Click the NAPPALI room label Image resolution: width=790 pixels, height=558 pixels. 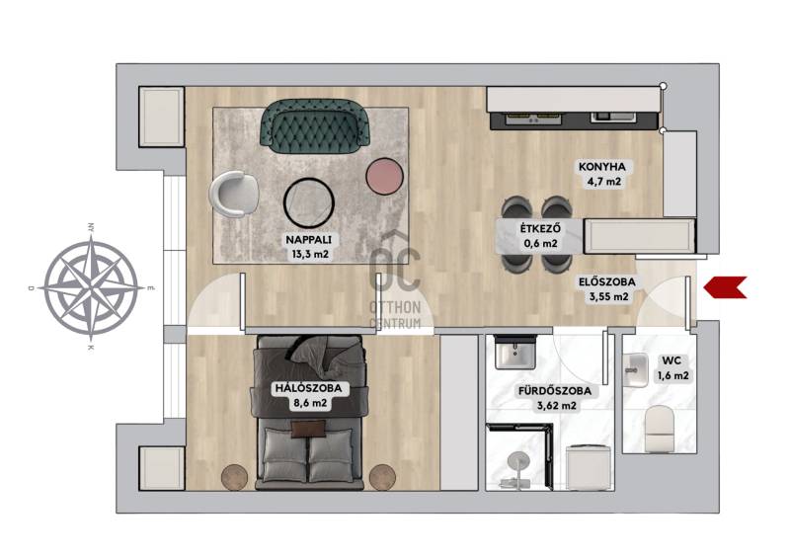click(309, 240)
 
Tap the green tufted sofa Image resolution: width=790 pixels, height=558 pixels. click(315, 126)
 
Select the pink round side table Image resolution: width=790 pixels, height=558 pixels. click(385, 176)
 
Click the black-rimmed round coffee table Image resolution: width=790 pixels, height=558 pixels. click(309, 202)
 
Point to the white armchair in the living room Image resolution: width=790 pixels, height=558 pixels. click(232, 194)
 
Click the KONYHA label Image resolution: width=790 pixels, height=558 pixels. click(602, 167)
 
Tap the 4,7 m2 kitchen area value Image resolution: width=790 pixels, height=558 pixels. click(603, 182)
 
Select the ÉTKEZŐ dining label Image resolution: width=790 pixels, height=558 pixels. click(540, 229)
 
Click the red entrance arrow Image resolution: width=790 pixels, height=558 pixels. click(725, 287)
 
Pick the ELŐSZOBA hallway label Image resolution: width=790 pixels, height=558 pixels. click(606, 282)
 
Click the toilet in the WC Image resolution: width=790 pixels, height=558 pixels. click(661, 429)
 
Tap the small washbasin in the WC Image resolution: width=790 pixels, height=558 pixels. click(635, 370)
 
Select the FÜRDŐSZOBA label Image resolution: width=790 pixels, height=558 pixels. click(555, 391)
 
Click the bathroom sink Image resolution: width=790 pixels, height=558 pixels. click(514, 352)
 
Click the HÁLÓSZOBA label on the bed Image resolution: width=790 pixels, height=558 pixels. click(308, 388)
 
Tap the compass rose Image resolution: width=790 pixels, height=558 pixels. click(91, 287)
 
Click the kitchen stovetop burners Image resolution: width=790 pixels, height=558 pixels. click(534, 119)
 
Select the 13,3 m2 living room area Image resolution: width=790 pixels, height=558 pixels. click(310, 254)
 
